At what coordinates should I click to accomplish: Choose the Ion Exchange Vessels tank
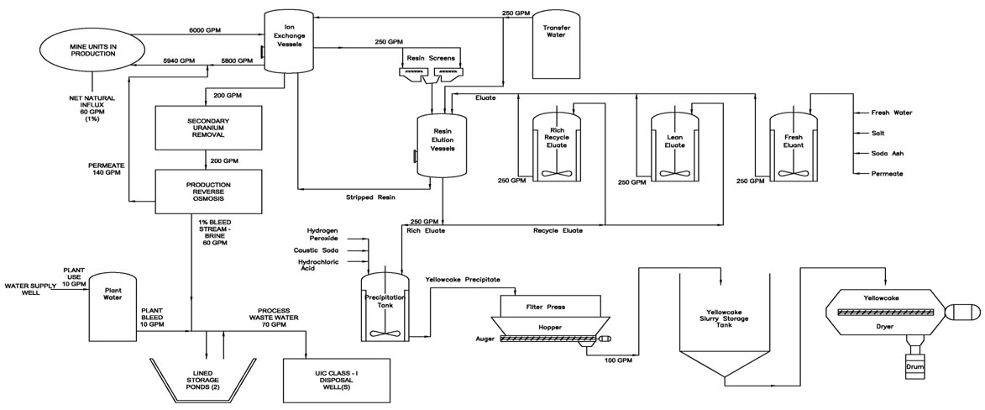pyautogui.click(x=289, y=44)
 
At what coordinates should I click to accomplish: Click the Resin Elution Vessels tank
pyautogui.click(x=442, y=142)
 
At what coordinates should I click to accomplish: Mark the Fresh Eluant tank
pyautogui.click(x=794, y=147)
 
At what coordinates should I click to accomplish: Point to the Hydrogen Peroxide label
pyautogui.click(x=322, y=234)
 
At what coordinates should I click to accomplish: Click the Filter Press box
pyautogui.click(x=550, y=307)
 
